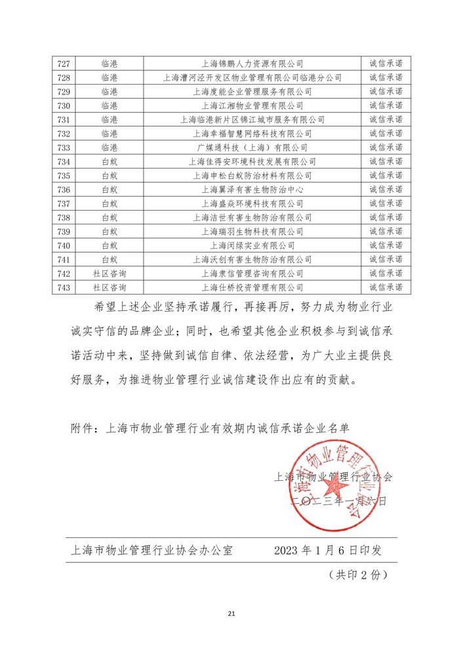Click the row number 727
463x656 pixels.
64,64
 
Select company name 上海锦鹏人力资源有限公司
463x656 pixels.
252,64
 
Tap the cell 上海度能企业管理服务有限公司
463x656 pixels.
252,91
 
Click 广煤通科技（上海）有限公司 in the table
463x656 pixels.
252,148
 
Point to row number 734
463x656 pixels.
64,161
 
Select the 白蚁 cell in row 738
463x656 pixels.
109,217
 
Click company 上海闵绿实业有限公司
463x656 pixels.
252,245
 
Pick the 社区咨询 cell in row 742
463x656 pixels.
109,273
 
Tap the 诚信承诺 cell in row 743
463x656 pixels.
386,287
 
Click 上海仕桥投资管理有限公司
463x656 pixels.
252,287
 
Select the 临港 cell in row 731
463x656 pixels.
109,119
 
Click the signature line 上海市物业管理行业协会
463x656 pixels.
334,477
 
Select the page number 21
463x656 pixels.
231,614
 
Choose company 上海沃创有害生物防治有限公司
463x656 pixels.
252,259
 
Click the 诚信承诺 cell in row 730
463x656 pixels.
386,106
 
